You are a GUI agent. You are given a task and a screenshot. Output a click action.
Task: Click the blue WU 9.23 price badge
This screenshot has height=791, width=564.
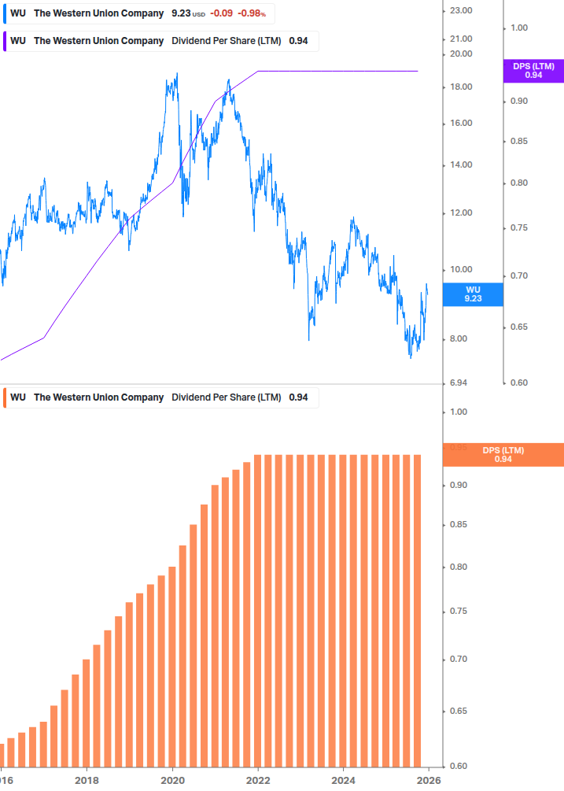click(x=473, y=294)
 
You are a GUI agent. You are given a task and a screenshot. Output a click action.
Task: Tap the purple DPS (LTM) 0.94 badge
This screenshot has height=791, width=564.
click(x=533, y=71)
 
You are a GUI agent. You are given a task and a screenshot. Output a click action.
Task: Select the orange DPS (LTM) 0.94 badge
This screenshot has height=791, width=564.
click(x=503, y=454)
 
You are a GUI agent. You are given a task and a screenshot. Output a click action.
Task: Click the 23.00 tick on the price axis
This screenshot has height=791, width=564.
click(x=460, y=10)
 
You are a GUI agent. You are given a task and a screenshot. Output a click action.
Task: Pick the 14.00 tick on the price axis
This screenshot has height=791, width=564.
click(x=460, y=164)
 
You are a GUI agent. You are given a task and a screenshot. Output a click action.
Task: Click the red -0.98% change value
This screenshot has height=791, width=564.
click(x=253, y=14)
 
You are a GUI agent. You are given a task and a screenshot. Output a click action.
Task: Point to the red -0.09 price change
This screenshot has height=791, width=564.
click(x=221, y=14)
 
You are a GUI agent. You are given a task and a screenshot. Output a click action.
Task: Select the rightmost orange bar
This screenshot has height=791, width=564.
click(x=417, y=610)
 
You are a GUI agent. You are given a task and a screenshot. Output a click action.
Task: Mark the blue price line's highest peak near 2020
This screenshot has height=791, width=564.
click(x=176, y=75)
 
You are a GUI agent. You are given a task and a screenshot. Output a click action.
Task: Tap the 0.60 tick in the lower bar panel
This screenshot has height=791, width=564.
click(x=458, y=766)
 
